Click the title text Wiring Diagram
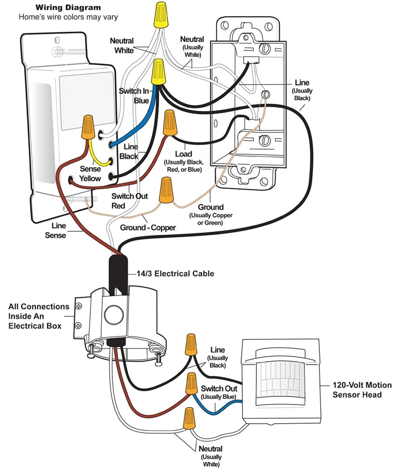click(x=68, y=8)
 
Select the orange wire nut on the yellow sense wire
click(x=88, y=128)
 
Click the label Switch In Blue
click(x=133, y=96)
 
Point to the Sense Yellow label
click(x=90, y=174)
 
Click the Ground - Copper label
click(x=148, y=228)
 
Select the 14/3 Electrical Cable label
click(x=175, y=274)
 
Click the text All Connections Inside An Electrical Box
click(x=39, y=316)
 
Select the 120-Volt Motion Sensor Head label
click(x=362, y=390)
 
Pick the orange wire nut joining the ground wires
click(x=165, y=191)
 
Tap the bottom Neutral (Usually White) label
click(x=211, y=456)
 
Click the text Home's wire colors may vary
click(x=68, y=17)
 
